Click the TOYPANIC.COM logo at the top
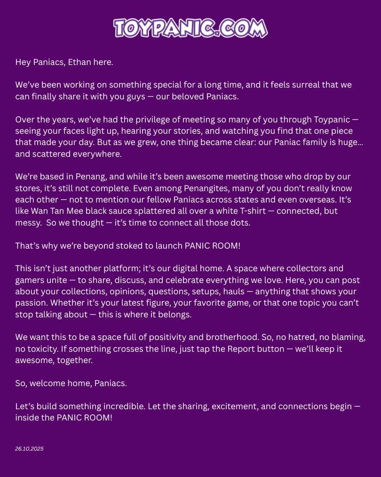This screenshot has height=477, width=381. click(190, 28)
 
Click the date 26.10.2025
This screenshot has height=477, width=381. click(29, 449)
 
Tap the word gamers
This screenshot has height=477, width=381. click(28, 280)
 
